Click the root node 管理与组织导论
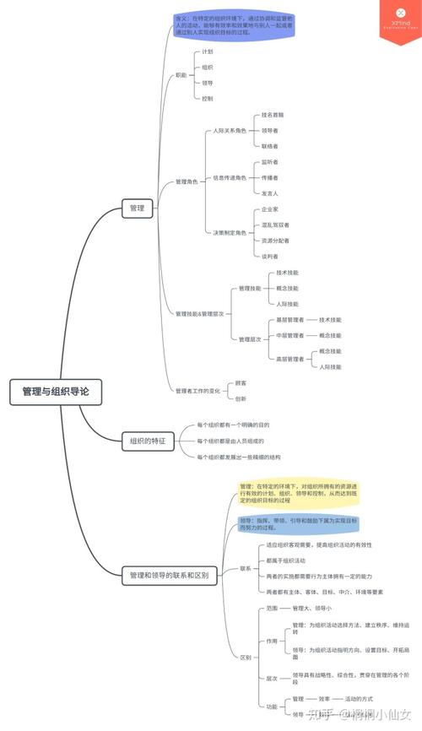click(x=55, y=392)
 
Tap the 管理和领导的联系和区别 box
click(x=169, y=576)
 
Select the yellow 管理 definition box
click(x=288, y=494)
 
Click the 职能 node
click(x=181, y=76)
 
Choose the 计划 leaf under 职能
click(x=208, y=52)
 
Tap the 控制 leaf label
click(x=208, y=99)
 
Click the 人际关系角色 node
click(x=230, y=131)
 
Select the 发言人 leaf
click(x=270, y=193)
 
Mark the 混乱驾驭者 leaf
click(x=275, y=225)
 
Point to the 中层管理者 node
click(x=290, y=335)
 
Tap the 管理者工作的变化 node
click(x=197, y=391)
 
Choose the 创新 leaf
click(x=241, y=398)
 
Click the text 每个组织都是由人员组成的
click(x=230, y=441)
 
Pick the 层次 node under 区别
click(x=271, y=678)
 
